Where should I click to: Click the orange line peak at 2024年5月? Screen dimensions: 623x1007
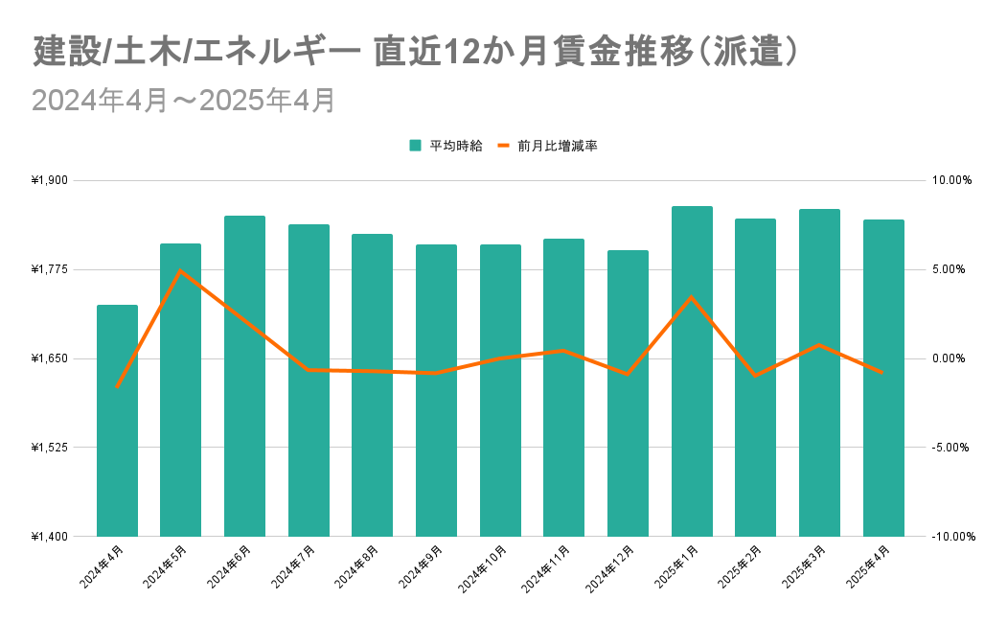coord(180,270)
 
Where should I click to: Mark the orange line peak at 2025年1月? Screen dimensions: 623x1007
coord(692,297)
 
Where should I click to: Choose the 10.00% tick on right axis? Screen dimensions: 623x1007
coord(950,180)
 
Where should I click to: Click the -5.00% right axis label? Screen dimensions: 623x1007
coord(950,448)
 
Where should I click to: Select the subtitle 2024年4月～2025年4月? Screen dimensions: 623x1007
coord(183,101)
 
